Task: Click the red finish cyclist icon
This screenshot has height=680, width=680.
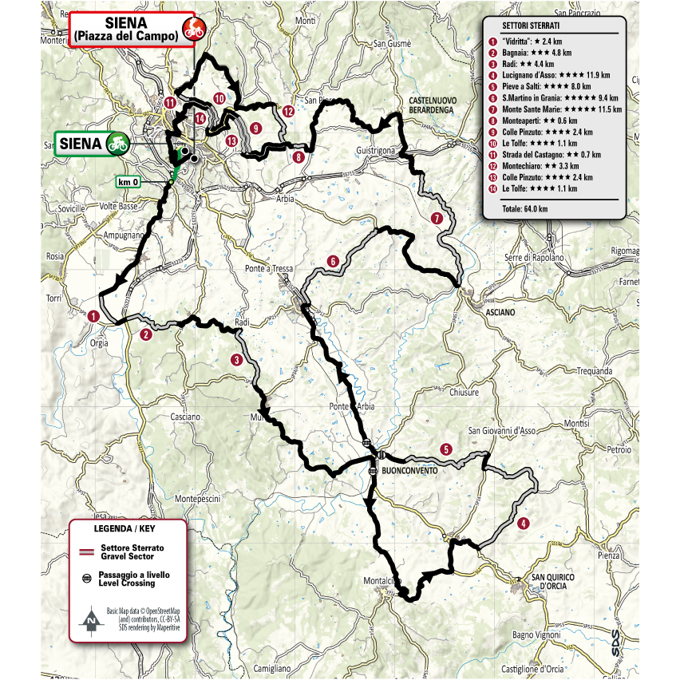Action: point(190,30)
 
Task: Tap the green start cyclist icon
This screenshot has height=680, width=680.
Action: point(117,144)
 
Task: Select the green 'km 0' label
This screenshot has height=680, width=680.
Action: point(130,180)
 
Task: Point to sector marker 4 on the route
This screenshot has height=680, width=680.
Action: point(523,524)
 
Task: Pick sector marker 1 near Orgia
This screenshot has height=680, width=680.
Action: point(94,316)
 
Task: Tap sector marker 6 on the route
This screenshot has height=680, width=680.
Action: point(332,260)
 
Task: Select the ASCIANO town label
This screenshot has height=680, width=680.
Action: point(502,313)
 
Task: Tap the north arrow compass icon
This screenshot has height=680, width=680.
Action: point(93,619)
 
